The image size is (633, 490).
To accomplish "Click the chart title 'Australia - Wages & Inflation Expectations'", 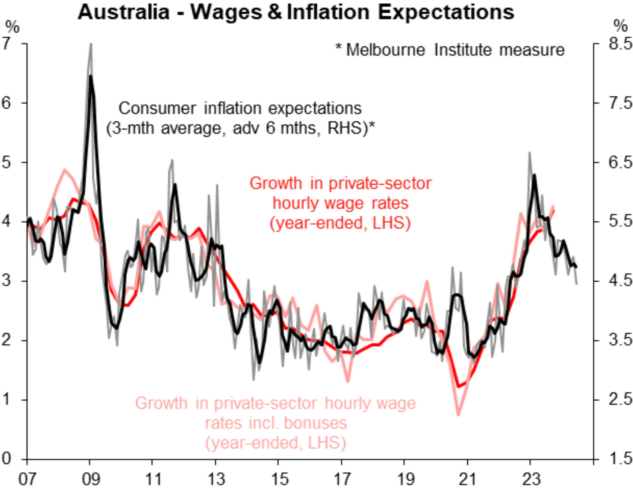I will tap(296, 12).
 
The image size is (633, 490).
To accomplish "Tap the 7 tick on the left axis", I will tap(6, 43).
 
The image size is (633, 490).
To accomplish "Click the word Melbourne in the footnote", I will tap(385, 50).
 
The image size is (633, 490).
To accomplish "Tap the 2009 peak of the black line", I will tap(91, 76).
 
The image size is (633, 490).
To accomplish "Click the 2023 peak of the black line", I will tap(534, 175).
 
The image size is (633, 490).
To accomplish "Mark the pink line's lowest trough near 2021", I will tap(459, 415).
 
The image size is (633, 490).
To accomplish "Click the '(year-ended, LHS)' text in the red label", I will tap(340, 223).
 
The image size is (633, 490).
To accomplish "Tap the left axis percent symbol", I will tap(12, 27).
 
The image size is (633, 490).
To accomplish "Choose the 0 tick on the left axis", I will tap(6, 459).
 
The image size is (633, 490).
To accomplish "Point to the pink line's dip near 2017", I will tap(348, 381).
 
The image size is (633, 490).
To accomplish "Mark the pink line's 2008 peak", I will tap(65, 169).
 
